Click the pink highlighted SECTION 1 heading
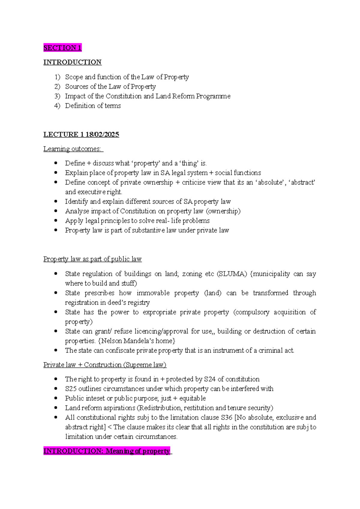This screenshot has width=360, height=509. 62,48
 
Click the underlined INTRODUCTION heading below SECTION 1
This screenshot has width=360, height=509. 72,62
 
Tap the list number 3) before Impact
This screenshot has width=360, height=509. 57,96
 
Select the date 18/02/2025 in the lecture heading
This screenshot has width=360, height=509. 102,134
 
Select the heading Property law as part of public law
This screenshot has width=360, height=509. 92,259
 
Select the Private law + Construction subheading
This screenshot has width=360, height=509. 105,365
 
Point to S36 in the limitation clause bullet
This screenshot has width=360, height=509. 226,417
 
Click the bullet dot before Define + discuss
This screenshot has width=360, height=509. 56,163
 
